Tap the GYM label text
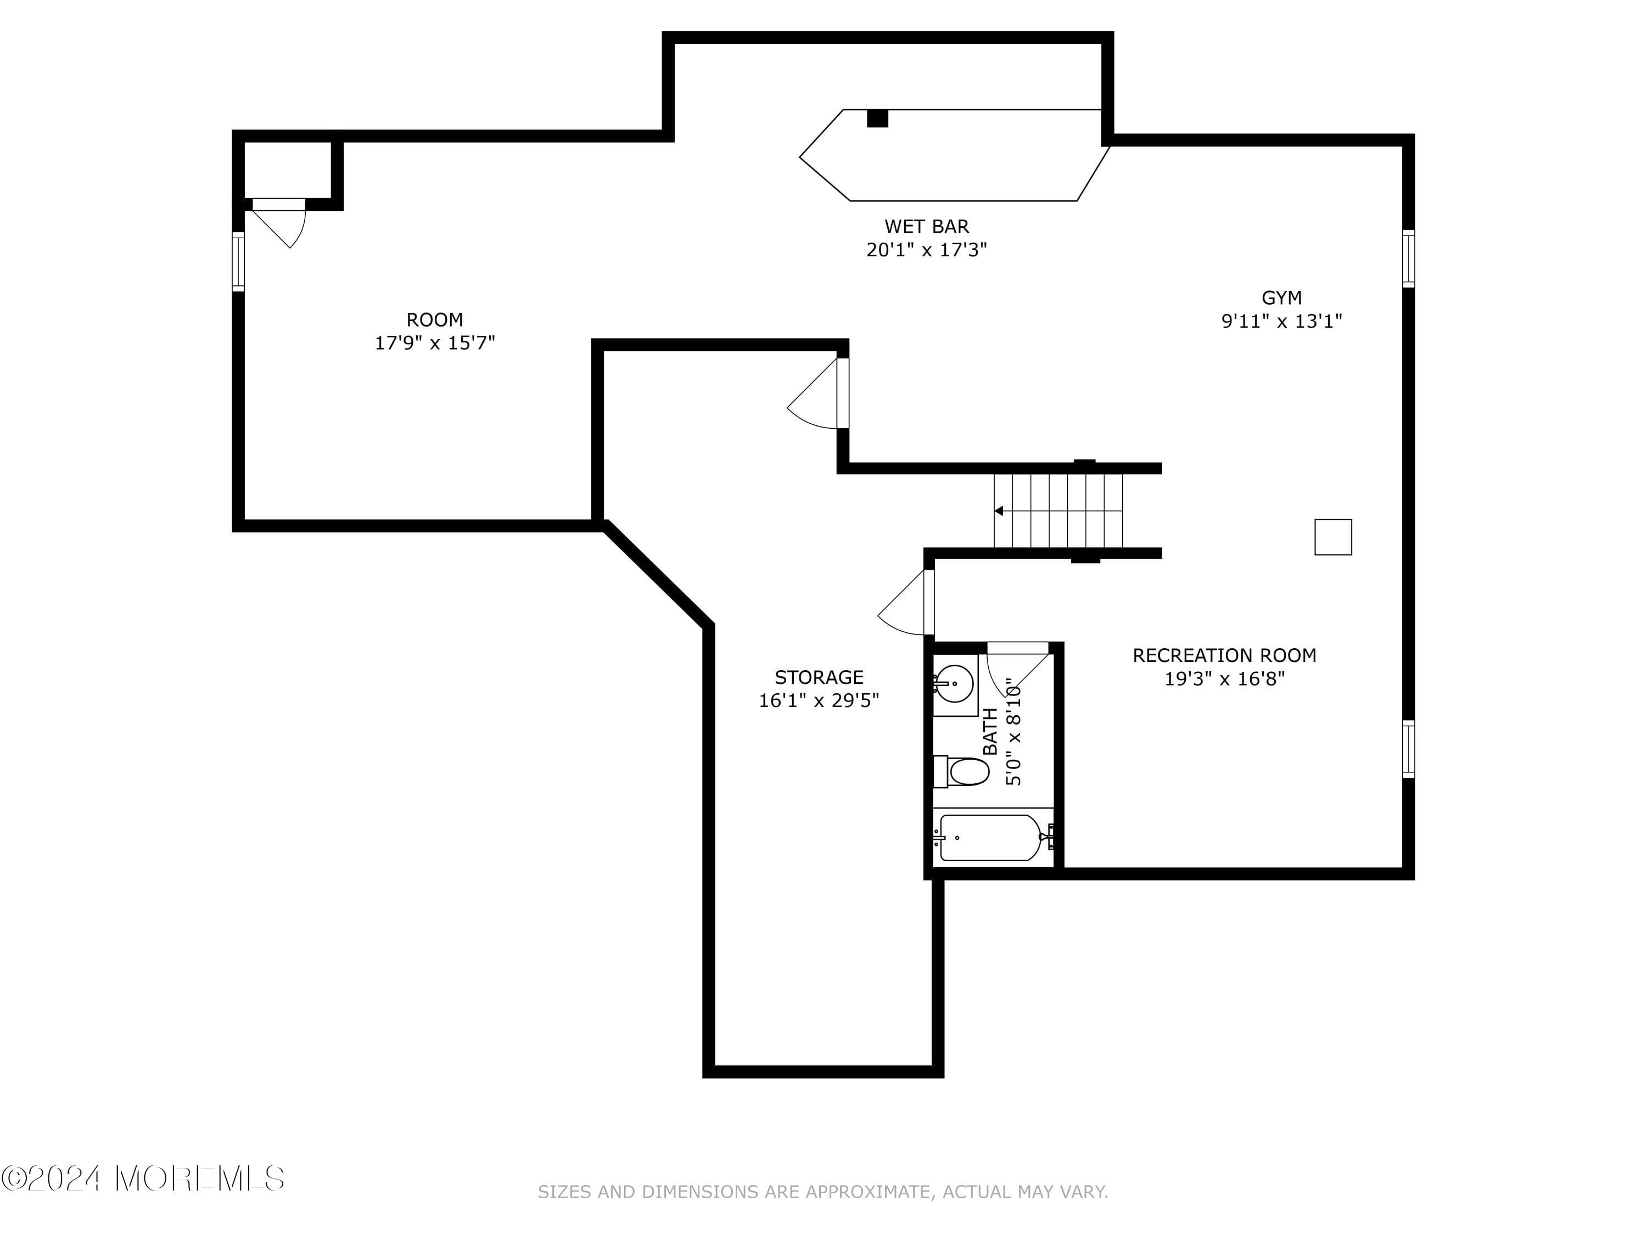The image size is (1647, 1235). pos(1281,297)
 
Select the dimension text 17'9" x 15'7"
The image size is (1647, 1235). pos(434,343)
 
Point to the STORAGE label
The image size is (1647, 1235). pos(819,677)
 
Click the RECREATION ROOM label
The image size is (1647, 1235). pos(1224,656)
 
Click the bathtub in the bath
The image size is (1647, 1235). pos(989,838)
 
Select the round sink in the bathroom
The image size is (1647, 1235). pos(954,683)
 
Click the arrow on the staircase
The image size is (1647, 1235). pos(999,510)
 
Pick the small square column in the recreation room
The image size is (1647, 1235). pos(1333,537)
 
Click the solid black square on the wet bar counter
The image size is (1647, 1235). pos(877,119)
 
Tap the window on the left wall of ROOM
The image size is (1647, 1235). pos(238,261)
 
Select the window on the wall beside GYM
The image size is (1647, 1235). pos(1408,259)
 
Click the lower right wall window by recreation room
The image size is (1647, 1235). pos(1408,749)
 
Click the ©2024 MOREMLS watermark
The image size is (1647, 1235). pos(143,1179)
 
